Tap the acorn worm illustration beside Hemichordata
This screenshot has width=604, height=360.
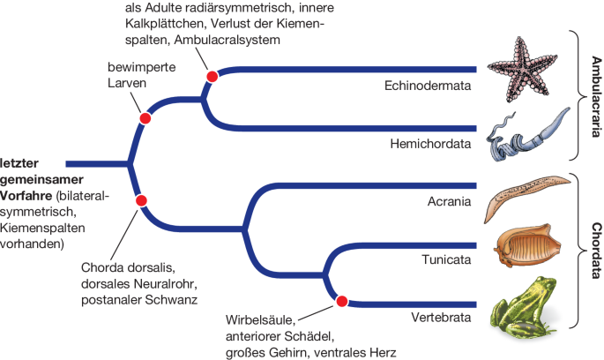pyautogui.click(x=526, y=133)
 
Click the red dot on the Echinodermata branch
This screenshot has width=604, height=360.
pyautogui.click(x=212, y=77)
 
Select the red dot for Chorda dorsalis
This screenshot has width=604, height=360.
pyautogui.click(x=140, y=200)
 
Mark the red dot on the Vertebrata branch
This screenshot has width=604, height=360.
pyautogui.click(x=343, y=301)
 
